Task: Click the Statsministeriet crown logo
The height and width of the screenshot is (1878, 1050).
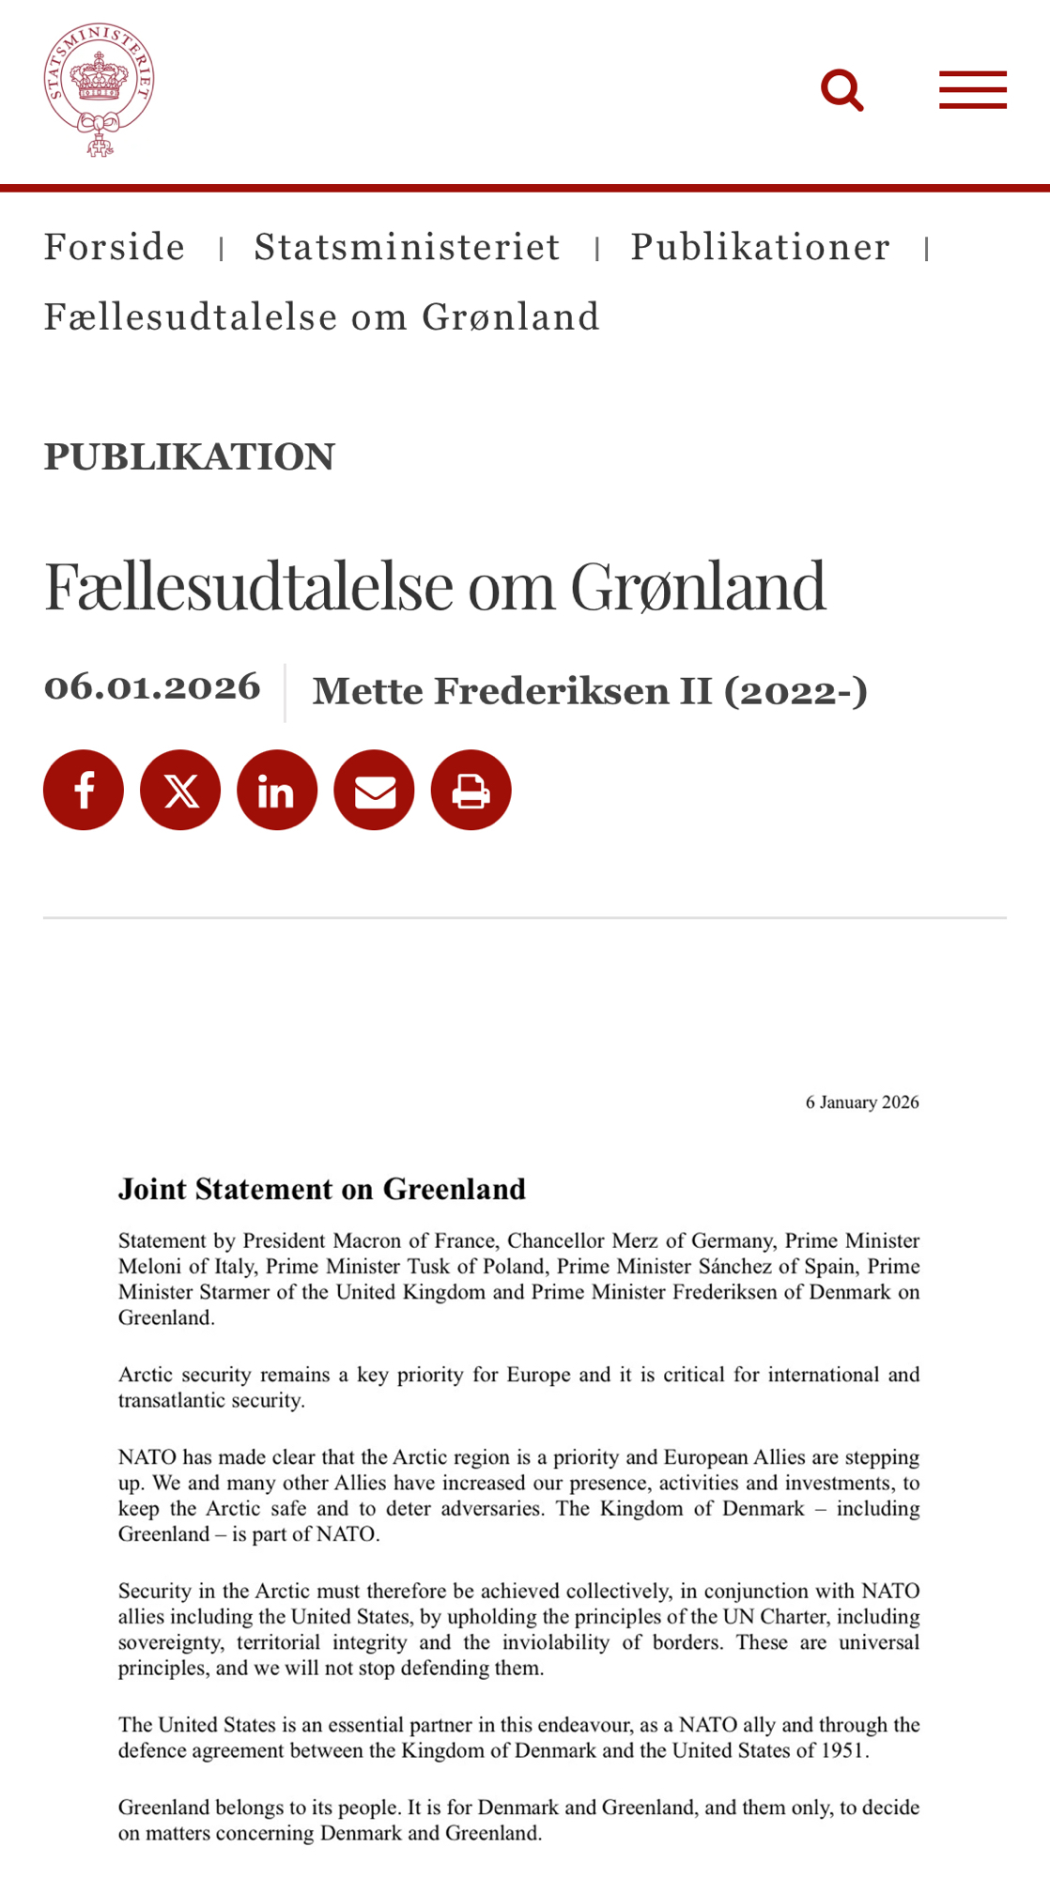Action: click(x=99, y=88)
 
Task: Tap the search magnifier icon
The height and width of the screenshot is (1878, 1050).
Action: click(x=842, y=90)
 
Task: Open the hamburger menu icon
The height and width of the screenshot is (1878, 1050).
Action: click(x=973, y=90)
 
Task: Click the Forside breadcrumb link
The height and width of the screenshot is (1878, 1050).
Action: click(x=115, y=247)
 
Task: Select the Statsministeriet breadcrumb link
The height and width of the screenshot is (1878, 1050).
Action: click(x=408, y=247)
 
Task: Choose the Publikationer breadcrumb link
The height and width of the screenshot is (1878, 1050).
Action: click(x=760, y=247)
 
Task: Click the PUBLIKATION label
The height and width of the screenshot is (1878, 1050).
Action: click(x=189, y=456)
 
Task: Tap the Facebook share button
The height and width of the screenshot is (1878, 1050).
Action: click(x=84, y=790)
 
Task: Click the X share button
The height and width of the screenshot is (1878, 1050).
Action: click(x=180, y=790)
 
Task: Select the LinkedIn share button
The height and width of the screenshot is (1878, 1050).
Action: click(x=277, y=790)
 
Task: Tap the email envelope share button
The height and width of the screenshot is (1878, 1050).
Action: click(x=374, y=790)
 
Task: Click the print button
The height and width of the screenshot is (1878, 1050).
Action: click(x=471, y=790)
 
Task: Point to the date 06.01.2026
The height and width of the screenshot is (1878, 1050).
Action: click(x=152, y=686)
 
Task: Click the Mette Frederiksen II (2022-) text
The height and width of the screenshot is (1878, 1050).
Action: click(x=590, y=691)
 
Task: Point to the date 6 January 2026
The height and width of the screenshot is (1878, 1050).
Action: click(x=862, y=1102)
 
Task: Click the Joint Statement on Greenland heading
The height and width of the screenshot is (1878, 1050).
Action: click(x=321, y=1190)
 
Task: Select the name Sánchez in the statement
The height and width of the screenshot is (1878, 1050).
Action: click(x=735, y=1267)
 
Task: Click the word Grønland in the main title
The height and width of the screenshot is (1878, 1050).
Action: click(x=698, y=585)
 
